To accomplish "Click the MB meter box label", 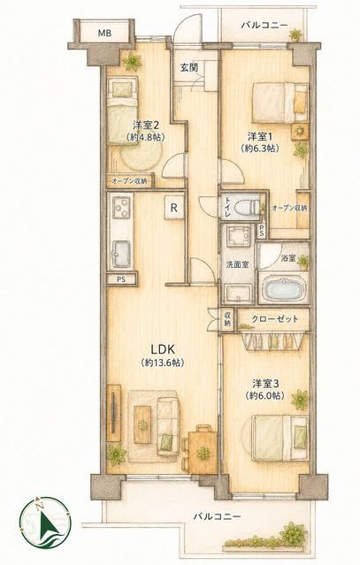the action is click(105, 34).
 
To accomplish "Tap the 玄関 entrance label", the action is click(188, 67).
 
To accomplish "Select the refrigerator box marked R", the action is click(174, 208).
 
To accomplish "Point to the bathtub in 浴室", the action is click(284, 289).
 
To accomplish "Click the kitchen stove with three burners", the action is click(120, 207).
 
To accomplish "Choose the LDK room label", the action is click(163, 349).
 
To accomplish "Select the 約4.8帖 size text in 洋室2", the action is click(145, 137).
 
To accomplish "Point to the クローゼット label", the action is click(275, 319).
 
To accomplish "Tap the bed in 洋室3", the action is click(280, 439).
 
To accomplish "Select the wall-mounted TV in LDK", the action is click(114, 413).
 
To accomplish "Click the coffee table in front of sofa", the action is click(142, 424).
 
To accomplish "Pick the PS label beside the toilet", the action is click(262, 232).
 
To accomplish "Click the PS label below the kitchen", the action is click(120, 279).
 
